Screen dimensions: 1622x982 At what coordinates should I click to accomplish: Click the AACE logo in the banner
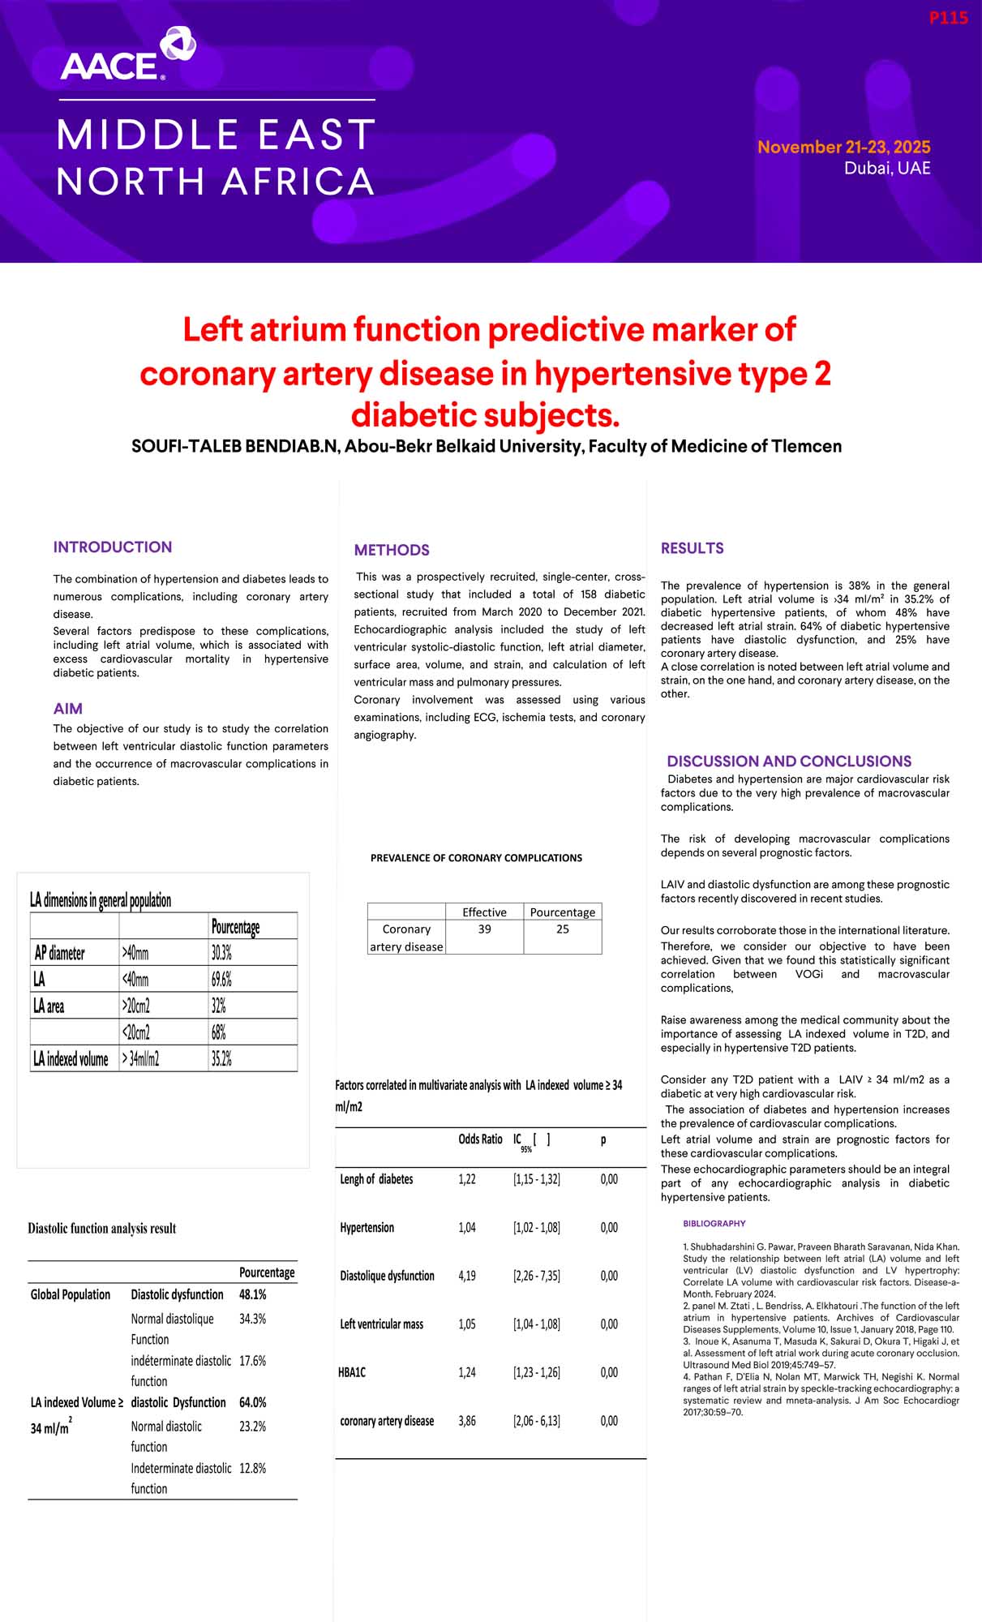coord(127,55)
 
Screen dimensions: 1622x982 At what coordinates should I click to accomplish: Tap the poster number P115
coord(948,18)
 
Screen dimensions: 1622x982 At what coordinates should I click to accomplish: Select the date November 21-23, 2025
coord(843,147)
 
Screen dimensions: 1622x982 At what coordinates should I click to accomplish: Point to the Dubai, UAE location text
coord(887,169)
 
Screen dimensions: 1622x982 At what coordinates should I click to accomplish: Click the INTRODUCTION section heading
coord(113,547)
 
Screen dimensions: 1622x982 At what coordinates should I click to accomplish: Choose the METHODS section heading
coord(392,550)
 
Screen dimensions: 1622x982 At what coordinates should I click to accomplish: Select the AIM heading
coord(68,709)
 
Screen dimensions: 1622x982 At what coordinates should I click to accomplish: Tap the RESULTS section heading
coord(692,548)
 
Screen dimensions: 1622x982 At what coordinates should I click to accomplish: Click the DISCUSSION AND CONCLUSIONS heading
coord(788,762)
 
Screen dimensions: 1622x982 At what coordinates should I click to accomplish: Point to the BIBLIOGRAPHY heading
coord(714,1223)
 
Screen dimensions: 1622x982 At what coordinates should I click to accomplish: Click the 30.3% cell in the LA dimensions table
coord(221,953)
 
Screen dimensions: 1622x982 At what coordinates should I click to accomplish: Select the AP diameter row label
coord(59,953)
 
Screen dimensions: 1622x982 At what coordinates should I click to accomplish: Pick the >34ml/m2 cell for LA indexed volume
coord(140,1058)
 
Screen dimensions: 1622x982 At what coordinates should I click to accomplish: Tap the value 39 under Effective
coord(484,929)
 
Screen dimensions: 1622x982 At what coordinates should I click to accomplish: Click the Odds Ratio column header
coord(480,1139)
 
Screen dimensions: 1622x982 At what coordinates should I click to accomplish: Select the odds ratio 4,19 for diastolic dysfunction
coord(467,1276)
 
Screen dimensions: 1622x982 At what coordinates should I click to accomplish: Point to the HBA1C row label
coord(352,1372)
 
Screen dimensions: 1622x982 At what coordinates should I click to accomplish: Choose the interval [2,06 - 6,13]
coord(536,1421)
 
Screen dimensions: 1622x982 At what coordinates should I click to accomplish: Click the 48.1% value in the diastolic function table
coord(252,1294)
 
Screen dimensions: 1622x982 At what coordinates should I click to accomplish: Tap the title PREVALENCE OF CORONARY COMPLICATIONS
coord(476,858)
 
